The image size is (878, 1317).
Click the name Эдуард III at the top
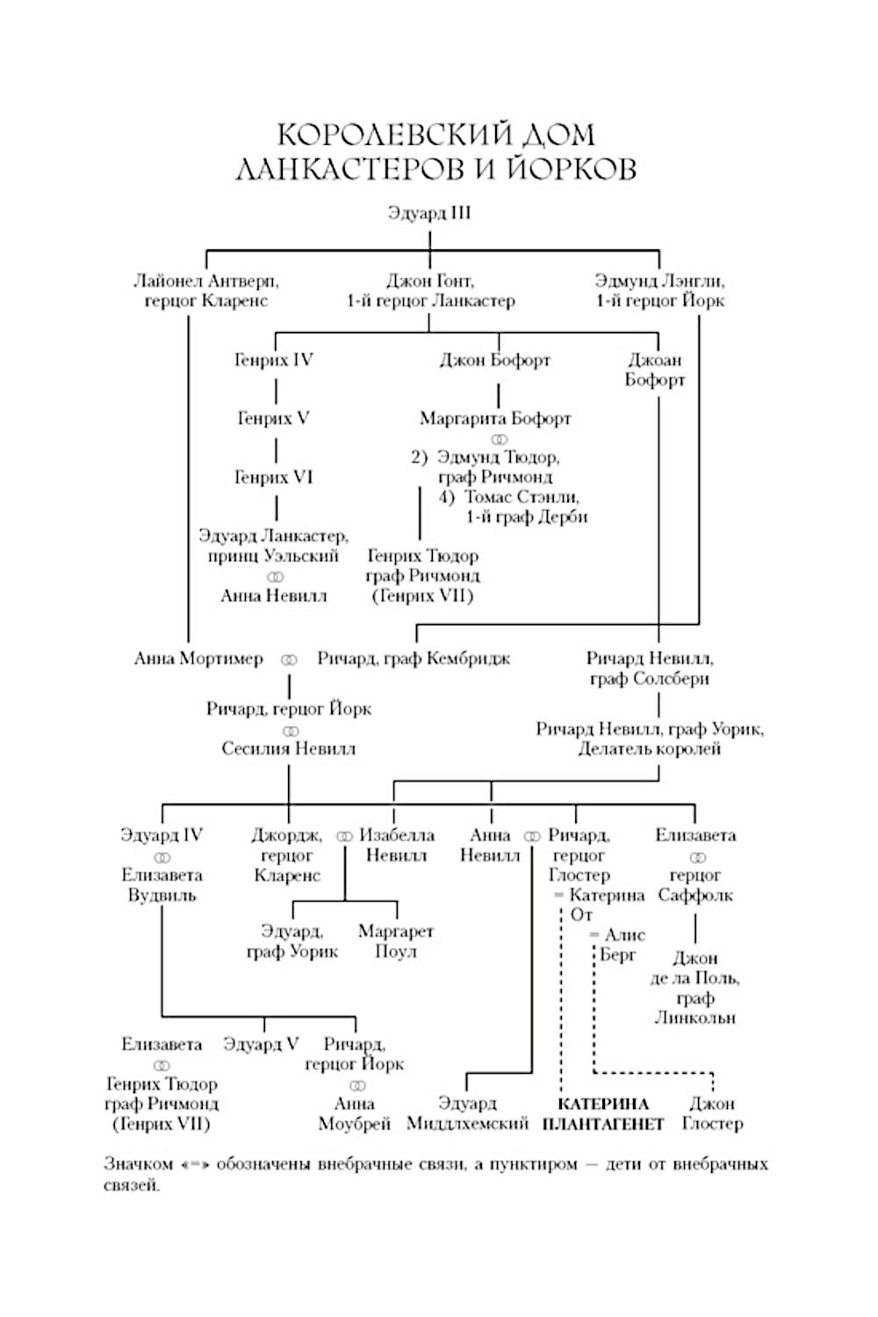(x=429, y=212)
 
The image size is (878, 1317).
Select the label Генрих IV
(x=274, y=360)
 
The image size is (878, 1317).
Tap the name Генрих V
(x=274, y=418)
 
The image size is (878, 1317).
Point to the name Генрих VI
(x=274, y=477)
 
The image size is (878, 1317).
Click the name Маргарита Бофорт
(x=495, y=418)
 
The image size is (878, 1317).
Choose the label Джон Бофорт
(x=495, y=360)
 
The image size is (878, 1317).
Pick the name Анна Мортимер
(x=198, y=658)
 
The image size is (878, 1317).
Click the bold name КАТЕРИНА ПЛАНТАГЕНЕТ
(x=603, y=1113)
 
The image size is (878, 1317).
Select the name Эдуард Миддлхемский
(x=467, y=1113)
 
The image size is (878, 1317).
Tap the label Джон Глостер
(x=712, y=1113)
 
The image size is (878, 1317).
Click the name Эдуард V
(x=261, y=1044)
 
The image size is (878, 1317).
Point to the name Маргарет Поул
(x=396, y=940)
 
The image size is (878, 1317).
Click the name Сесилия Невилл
(x=289, y=749)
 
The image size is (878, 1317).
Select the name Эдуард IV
(x=162, y=835)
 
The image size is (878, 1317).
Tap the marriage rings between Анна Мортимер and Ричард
(x=289, y=660)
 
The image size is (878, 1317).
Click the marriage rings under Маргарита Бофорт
(x=498, y=439)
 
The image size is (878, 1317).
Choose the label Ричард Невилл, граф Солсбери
(x=650, y=668)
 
